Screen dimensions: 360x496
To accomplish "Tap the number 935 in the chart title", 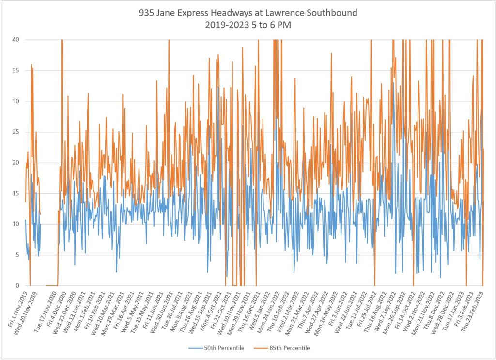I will (x=146, y=13).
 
